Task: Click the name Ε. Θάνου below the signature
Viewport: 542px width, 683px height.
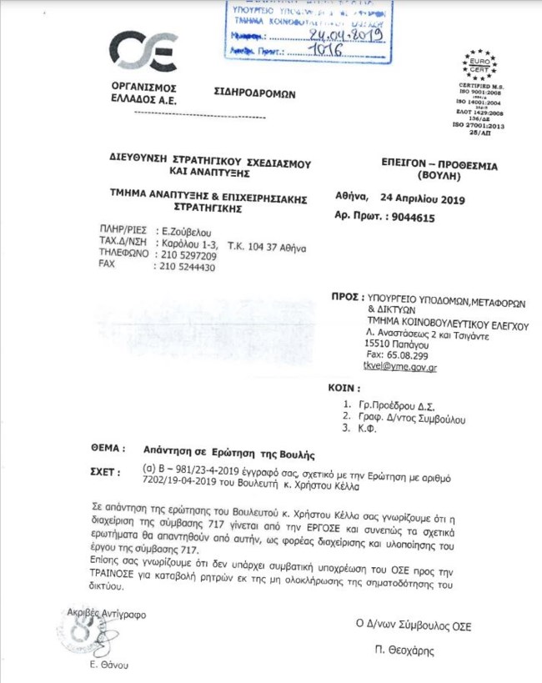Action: pyautogui.click(x=109, y=664)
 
